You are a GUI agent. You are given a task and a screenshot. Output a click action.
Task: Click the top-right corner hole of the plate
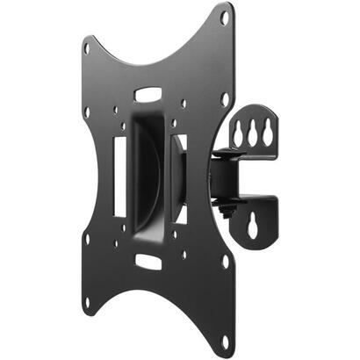225,17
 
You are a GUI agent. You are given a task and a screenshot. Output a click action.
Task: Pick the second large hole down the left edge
87,112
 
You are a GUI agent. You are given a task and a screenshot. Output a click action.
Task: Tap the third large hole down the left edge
87,238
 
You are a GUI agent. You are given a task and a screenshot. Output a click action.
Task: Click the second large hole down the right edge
226,99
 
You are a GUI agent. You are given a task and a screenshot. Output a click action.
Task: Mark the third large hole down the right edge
226,261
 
